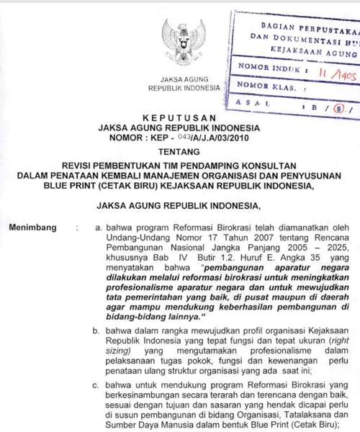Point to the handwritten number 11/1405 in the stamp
click(x=334, y=72)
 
